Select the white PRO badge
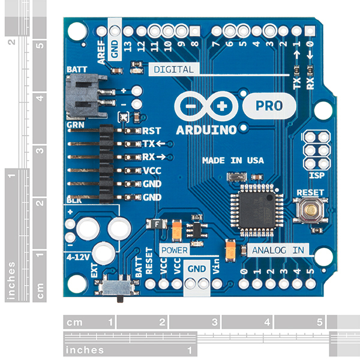[x=269, y=106]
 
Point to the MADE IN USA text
[x=233, y=161]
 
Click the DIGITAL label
[x=173, y=70]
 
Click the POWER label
[x=173, y=250]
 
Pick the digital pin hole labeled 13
[x=128, y=31]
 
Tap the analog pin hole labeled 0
[x=244, y=284]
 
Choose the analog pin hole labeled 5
[x=310, y=284]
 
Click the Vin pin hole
[x=217, y=284]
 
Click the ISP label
[x=316, y=176]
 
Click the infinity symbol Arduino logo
[x=205, y=106]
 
